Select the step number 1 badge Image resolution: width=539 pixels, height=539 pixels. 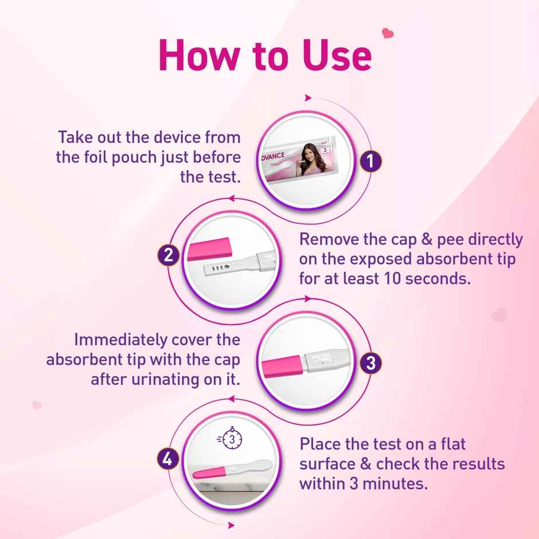pos(371,162)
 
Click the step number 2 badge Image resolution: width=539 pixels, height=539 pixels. pos(168,255)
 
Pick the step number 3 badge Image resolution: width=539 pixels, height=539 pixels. pos(371,362)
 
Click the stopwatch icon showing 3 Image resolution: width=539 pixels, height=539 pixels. pos(231,440)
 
